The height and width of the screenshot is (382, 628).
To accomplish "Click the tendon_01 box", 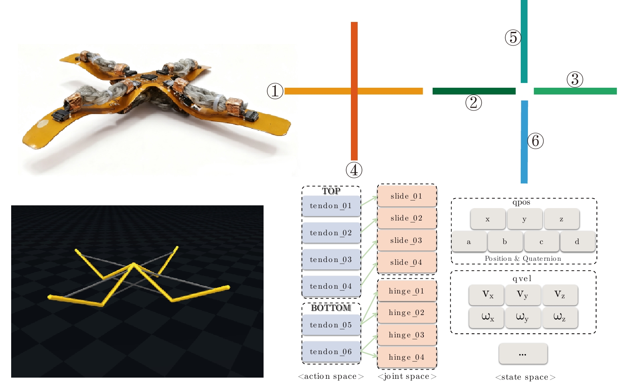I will click(x=331, y=206).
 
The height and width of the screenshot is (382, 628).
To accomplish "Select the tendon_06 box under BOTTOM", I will click(x=331, y=352).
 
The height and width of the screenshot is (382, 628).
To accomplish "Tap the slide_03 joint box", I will click(x=406, y=240).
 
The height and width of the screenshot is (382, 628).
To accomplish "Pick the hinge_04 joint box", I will click(x=406, y=357).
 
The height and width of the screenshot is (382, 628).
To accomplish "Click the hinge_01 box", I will click(x=406, y=291).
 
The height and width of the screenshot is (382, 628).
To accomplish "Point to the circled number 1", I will click(x=275, y=91).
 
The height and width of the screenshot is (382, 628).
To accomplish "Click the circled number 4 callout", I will click(x=354, y=170).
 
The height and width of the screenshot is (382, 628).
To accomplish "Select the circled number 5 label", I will click(x=513, y=37).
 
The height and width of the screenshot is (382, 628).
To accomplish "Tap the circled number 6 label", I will click(x=535, y=141).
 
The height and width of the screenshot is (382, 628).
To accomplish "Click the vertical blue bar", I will click(x=524, y=142).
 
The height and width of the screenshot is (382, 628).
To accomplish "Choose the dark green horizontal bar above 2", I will click(x=474, y=91).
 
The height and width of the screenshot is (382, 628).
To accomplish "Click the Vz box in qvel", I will click(x=560, y=295).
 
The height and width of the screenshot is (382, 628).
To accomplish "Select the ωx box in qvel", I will click(x=487, y=317).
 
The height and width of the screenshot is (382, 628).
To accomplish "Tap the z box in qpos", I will click(x=561, y=219).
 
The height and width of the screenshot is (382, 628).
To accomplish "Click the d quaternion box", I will click(x=577, y=242).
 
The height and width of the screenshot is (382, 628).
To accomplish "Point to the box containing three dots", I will click(x=523, y=354).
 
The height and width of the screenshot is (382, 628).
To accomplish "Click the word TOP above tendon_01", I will click(x=331, y=191).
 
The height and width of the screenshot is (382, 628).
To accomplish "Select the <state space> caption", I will click(x=525, y=377).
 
